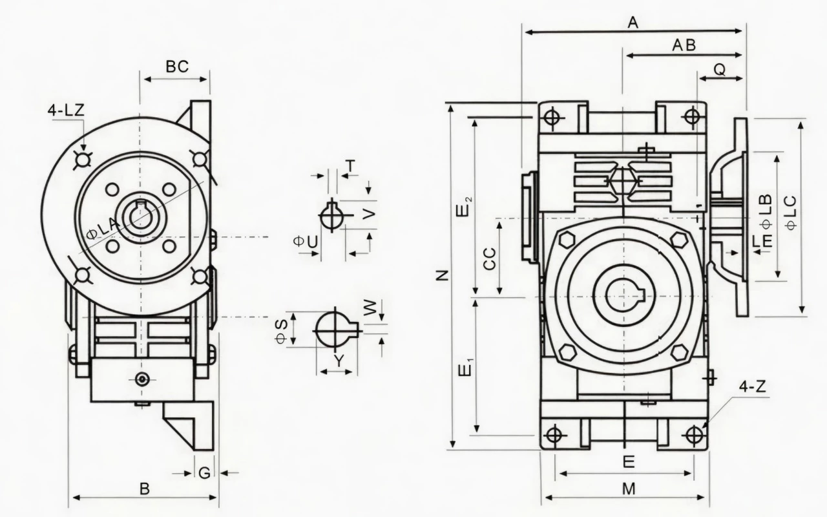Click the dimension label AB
[684, 45]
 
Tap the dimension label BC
[177, 67]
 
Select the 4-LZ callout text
[66, 111]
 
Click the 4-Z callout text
[753, 386]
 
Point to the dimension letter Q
[720, 69]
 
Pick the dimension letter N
[443, 275]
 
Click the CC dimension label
[489, 258]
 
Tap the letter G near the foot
[205, 472]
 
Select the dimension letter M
[629, 489]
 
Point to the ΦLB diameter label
[766, 211]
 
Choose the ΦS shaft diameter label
[281, 331]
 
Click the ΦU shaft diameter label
[306, 242]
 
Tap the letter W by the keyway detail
[370, 308]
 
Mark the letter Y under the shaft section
[339, 361]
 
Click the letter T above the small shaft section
[351, 167]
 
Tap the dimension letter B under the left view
[145, 489]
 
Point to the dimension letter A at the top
[633, 23]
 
